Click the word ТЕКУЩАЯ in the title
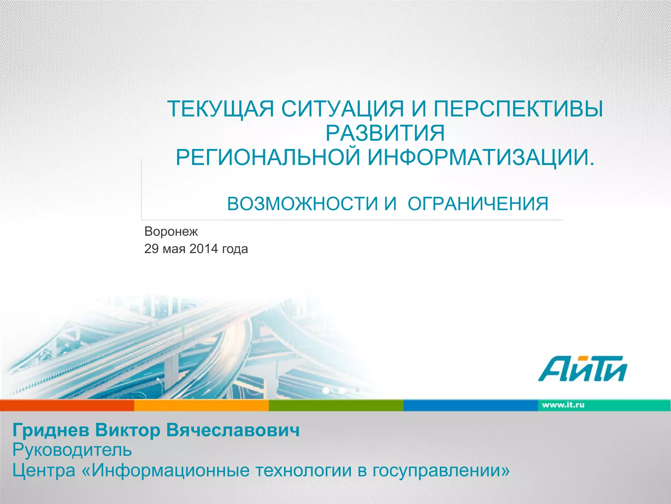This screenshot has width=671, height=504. [x=220, y=109]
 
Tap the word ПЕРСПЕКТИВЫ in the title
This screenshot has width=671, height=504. [x=518, y=109]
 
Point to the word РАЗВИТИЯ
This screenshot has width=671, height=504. [x=385, y=133]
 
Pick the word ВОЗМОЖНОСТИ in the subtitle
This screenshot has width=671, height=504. [x=302, y=204]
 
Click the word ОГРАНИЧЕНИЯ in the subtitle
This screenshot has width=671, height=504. [x=478, y=204]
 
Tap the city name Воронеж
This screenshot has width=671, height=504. [x=171, y=232]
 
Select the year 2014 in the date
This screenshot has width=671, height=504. [x=203, y=249]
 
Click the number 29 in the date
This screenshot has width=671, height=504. [x=151, y=249]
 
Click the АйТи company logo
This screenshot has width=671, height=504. [x=582, y=368]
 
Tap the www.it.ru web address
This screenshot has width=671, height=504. [x=563, y=405]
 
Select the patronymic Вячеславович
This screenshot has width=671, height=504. [x=233, y=430]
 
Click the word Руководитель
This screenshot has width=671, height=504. [x=72, y=450]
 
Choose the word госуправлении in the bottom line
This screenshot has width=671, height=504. [x=441, y=470]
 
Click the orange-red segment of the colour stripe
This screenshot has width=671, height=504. [x=67, y=406]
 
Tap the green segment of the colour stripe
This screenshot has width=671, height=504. [x=336, y=406]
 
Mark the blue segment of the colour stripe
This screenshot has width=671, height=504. [x=470, y=406]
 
